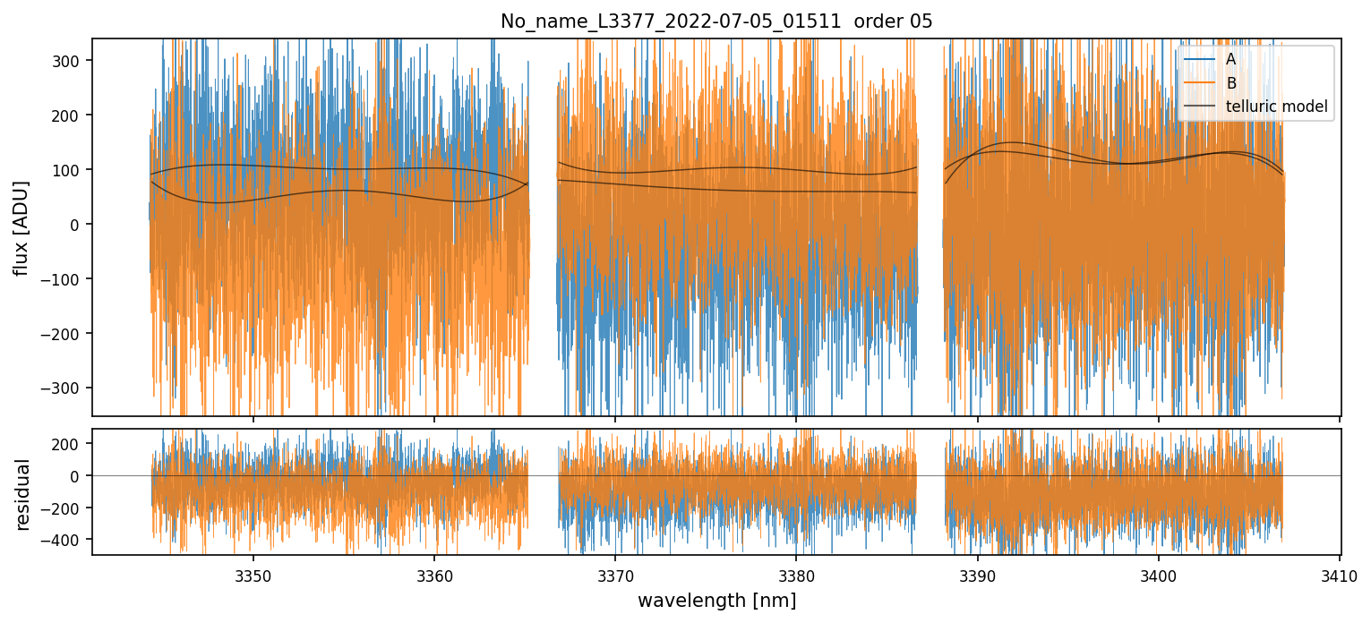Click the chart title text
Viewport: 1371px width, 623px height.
tap(715, 21)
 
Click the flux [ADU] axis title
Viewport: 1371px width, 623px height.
tap(21, 227)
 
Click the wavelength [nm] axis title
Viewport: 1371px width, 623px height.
tap(715, 601)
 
